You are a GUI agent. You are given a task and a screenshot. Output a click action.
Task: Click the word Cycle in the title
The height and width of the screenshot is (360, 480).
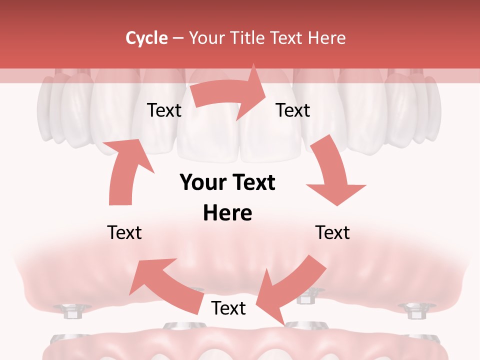click(146, 38)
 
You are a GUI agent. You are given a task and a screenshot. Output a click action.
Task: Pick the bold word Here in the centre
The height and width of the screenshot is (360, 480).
click(227, 213)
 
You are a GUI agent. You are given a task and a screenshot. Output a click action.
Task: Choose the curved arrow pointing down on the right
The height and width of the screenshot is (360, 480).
click(332, 175)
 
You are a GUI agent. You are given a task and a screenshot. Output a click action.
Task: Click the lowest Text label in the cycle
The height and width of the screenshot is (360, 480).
click(228, 308)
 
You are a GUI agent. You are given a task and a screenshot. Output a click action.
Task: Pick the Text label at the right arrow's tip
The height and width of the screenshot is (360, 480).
click(293, 110)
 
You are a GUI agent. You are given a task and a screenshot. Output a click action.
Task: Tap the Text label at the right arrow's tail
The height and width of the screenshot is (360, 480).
click(164, 110)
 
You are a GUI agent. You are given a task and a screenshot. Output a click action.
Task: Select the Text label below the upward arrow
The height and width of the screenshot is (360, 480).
click(124, 232)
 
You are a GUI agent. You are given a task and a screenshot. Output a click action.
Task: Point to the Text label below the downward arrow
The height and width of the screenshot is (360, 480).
click(332, 232)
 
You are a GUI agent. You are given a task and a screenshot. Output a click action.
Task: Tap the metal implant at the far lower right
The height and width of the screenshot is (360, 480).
click(413, 311)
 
